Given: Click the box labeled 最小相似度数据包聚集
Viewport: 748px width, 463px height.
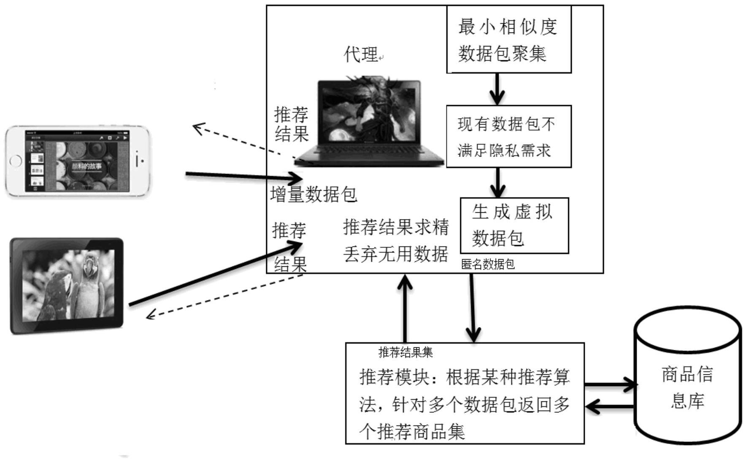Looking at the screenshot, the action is pos(509,39).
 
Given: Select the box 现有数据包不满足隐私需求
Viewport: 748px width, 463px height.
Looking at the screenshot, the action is pos(509,136).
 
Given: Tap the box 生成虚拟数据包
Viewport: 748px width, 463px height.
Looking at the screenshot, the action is pos(514,225).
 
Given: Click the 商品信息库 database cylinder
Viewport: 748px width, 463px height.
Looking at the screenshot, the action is pos(688,375).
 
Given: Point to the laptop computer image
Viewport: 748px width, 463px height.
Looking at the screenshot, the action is pos(369,122).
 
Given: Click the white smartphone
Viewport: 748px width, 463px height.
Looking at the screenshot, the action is pos(78,161).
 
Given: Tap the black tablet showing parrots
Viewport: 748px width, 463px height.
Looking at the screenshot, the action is pos(67,286).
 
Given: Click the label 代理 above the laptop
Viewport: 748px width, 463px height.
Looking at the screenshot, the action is pos(361,54).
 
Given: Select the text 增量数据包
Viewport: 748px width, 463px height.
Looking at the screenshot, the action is pos(313,195).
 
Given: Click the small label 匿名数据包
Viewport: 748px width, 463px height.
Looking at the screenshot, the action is pos(488,264).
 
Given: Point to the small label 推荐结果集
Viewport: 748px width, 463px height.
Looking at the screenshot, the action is pos(405,352).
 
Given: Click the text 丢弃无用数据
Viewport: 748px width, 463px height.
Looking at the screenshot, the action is pos(395,254).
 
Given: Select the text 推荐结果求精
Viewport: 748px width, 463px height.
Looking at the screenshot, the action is pos(396,227).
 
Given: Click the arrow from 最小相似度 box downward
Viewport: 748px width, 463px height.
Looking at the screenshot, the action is pos(497,89).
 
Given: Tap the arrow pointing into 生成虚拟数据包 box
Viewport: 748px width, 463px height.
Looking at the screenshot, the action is pos(498,182).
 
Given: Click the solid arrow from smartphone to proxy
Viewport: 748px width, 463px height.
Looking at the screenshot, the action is pos(244,176).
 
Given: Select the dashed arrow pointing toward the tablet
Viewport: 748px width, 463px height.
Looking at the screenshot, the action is pos(224,296).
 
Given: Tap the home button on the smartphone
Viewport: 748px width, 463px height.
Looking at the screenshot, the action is pos(15,161).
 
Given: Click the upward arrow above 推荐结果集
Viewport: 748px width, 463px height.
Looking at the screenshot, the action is pos(405,309).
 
